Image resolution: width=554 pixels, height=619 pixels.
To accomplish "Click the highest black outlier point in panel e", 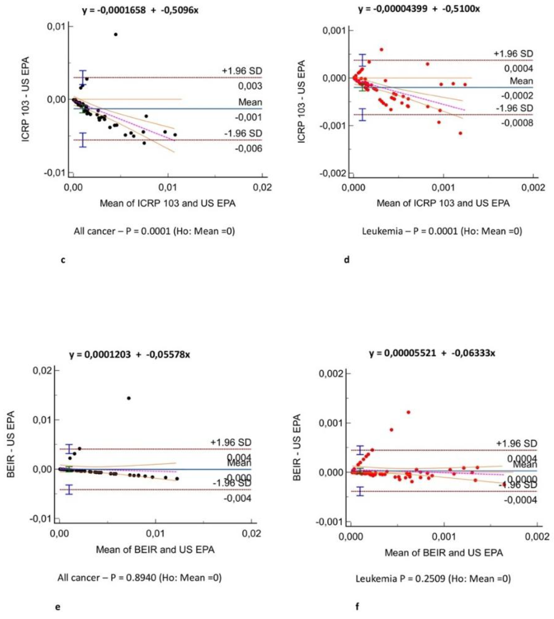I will [129, 398].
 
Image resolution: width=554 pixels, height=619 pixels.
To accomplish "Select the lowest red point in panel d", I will [460, 133].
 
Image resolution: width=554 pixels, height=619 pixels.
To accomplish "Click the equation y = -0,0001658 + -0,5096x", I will [140, 10].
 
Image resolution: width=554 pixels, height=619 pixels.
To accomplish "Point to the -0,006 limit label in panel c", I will [248, 148].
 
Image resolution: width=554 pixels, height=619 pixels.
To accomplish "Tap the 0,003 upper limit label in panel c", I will [250, 86].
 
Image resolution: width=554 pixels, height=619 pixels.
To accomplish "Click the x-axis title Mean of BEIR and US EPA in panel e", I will [155, 549].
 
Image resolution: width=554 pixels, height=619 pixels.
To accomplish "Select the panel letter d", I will [347, 260].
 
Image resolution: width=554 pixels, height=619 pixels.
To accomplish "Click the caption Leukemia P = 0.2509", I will [433, 578].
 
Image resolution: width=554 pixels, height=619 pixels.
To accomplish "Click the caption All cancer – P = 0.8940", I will [139, 577].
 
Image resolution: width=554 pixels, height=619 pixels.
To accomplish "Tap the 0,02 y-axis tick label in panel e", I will [42, 371].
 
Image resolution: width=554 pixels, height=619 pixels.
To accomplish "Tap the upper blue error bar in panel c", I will [83, 77].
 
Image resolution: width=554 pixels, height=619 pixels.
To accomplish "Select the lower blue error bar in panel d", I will [362, 114].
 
